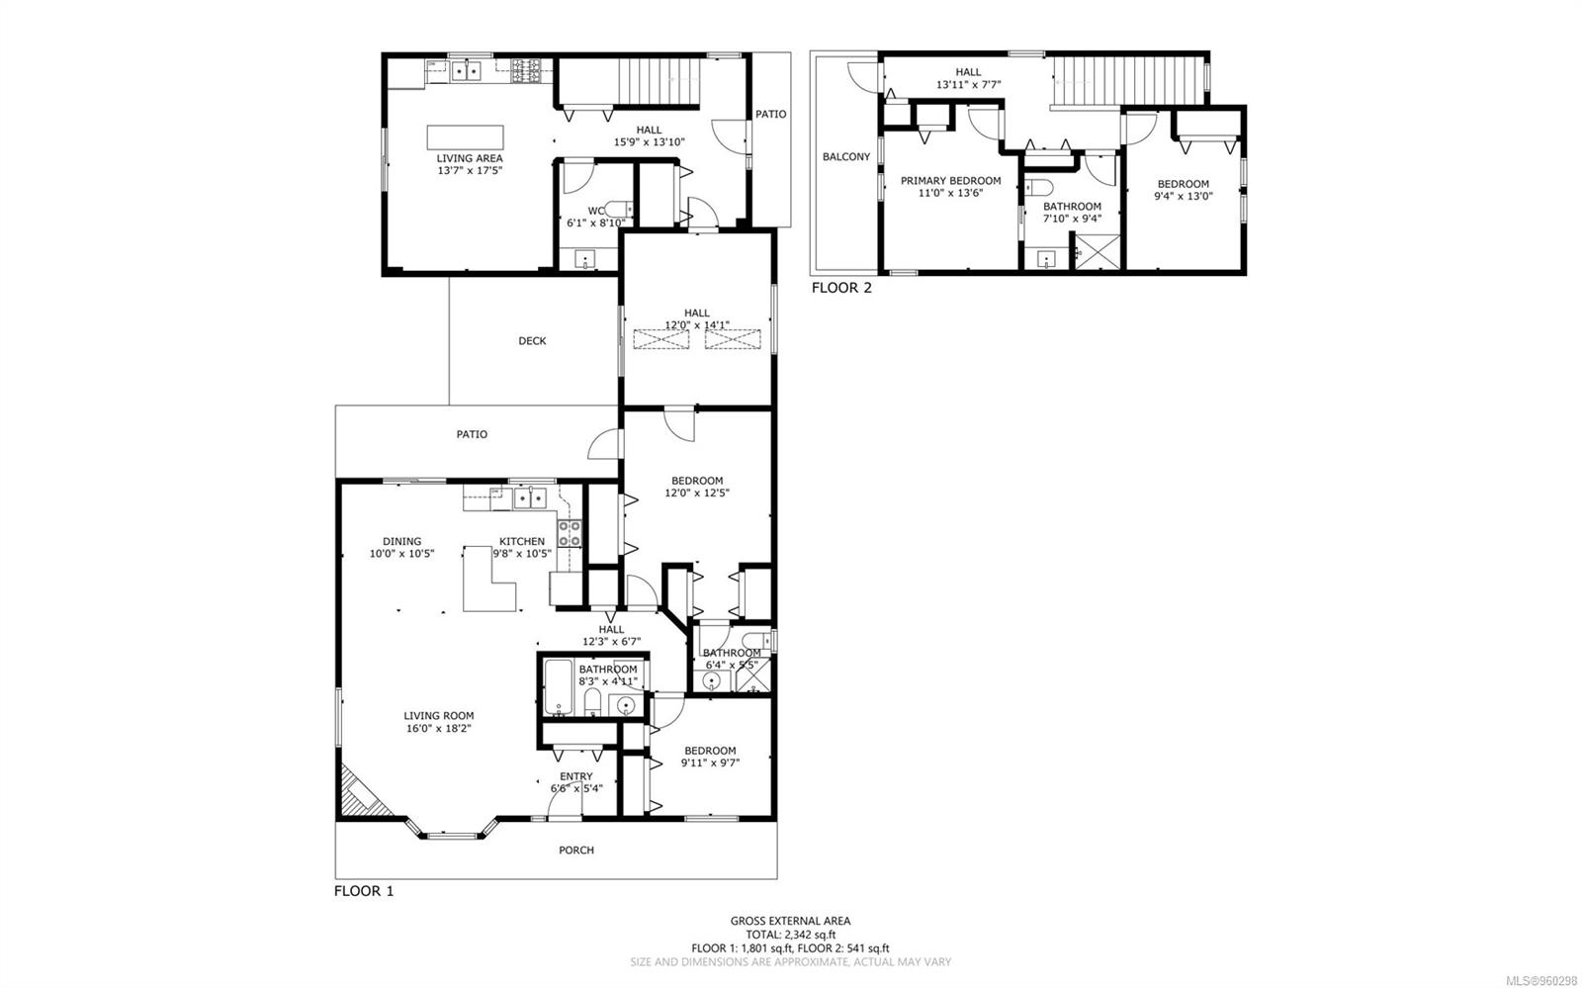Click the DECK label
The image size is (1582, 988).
[x=532, y=341]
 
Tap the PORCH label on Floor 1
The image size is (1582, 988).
[x=576, y=851]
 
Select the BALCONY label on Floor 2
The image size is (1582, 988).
[x=846, y=157]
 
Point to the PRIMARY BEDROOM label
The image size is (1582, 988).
[x=950, y=181]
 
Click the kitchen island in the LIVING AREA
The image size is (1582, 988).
[x=465, y=136]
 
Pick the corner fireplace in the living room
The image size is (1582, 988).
[x=357, y=792]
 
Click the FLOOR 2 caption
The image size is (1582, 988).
[x=841, y=289]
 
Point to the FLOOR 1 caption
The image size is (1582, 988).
[x=364, y=891]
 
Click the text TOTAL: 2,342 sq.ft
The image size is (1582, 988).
[x=790, y=934]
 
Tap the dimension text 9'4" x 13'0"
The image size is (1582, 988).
[x=1183, y=196]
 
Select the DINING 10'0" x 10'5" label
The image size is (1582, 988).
[x=401, y=548]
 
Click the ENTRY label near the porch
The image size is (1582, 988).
[x=576, y=776]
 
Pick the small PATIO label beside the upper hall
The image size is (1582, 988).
[x=771, y=115]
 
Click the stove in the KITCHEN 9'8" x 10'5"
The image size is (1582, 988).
[x=569, y=534]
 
